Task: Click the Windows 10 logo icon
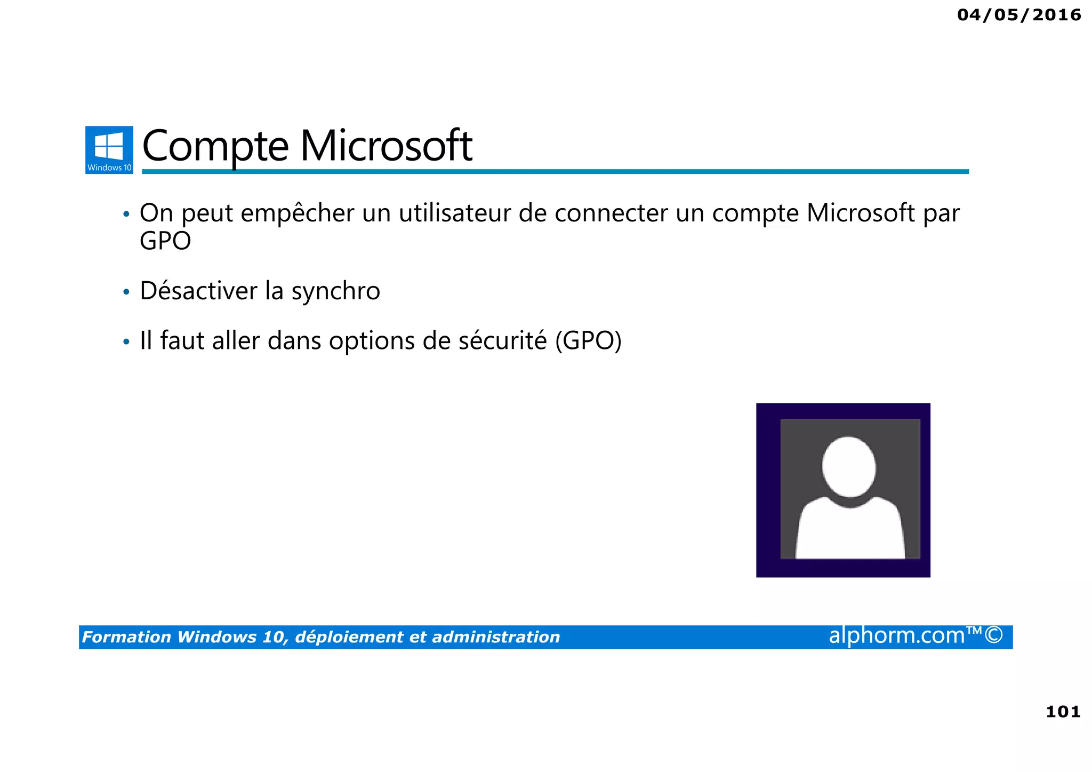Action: pyautogui.click(x=109, y=149)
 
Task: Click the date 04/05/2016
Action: pyautogui.click(x=1018, y=15)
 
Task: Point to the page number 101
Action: pyautogui.click(x=1063, y=712)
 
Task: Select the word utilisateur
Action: pyautogui.click(x=455, y=213)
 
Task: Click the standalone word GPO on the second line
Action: pyautogui.click(x=165, y=241)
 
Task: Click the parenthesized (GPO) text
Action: pyautogui.click(x=588, y=341)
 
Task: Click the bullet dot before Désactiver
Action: pyautogui.click(x=126, y=292)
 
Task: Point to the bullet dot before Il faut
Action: pyautogui.click(x=126, y=341)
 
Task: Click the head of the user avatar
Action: pyautogui.click(x=849, y=467)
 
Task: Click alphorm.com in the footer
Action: pyautogui.click(x=897, y=635)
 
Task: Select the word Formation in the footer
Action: pyautogui.click(x=126, y=637)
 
